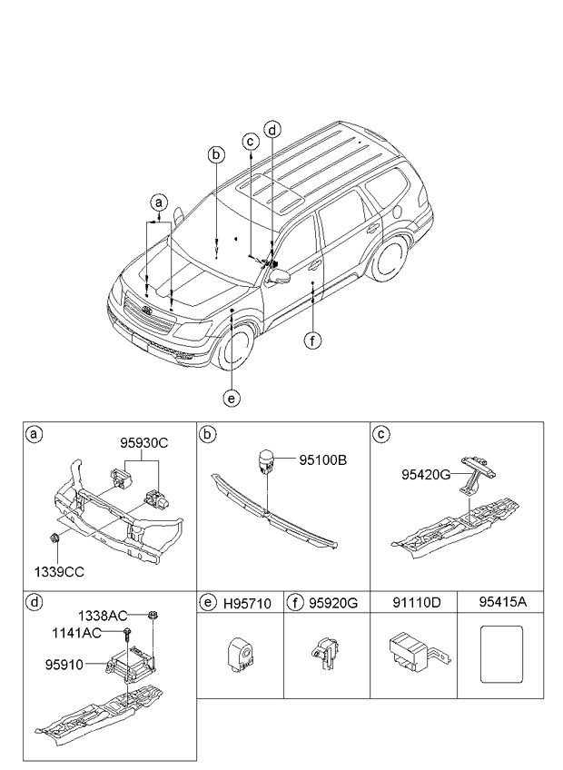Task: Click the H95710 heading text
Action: (x=246, y=602)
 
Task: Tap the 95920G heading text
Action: (x=333, y=602)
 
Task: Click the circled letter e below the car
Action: (x=232, y=397)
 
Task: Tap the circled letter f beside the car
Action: (x=311, y=341)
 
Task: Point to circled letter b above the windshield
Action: (x=216, y=154)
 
